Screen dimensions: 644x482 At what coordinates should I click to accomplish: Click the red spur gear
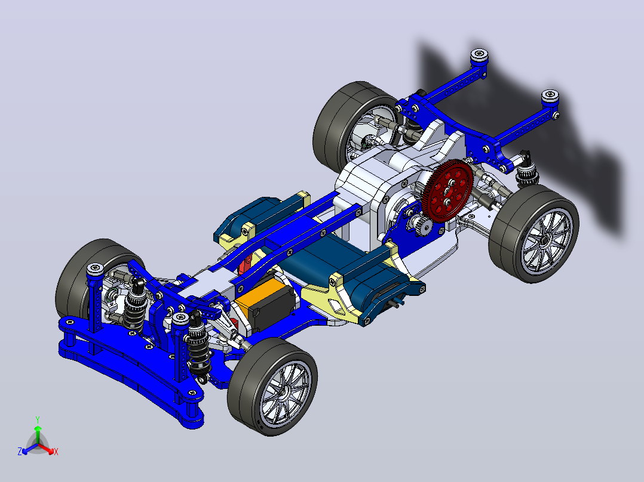click(447, 191)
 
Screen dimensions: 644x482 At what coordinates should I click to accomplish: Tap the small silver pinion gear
click(423, 225)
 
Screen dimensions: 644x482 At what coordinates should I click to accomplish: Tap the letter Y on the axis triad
click(38, 419)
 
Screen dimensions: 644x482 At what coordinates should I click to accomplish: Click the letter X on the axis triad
click(56, 452)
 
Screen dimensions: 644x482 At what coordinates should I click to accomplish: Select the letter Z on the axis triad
click(19, 452)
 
